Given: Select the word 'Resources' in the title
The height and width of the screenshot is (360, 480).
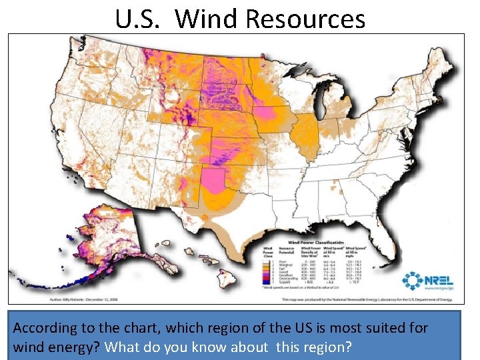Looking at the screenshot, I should [305, 19].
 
